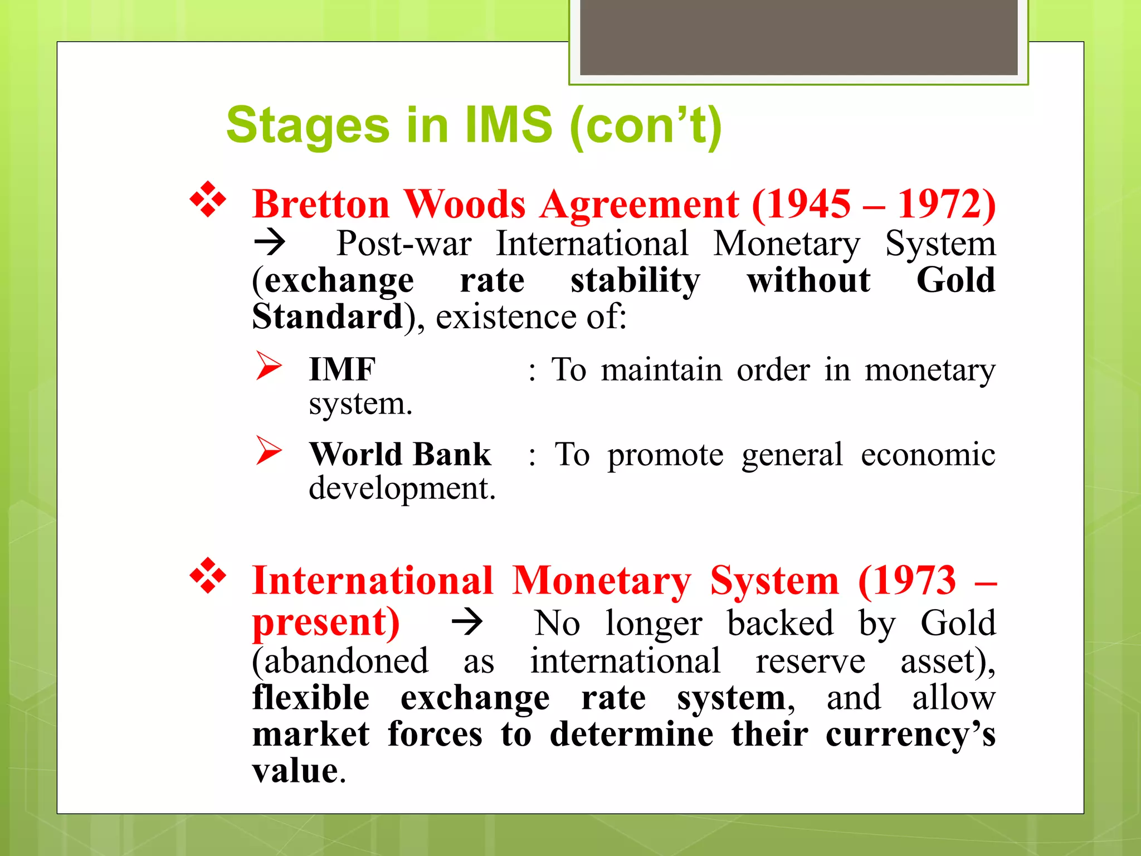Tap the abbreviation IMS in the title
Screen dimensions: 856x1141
click(509, 125)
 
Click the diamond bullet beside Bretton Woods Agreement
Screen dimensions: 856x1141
click(208, 200)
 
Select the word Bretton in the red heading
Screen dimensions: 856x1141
click(321, 205)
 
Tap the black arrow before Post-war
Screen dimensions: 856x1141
click(270, 242)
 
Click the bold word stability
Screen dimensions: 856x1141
click(635, 280)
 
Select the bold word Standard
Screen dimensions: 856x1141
click(328, 317)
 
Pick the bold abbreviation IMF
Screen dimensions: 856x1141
click(342, 369)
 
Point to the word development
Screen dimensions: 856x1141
click(401, 488)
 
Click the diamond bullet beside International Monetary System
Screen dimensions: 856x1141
click(208, 576)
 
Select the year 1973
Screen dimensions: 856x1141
click(907, 581)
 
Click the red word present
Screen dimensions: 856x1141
click(325, 622)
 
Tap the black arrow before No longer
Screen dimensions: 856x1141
click(467, 622)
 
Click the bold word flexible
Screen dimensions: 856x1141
click(311, 698)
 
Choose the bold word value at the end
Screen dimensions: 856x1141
click(295, 771)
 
